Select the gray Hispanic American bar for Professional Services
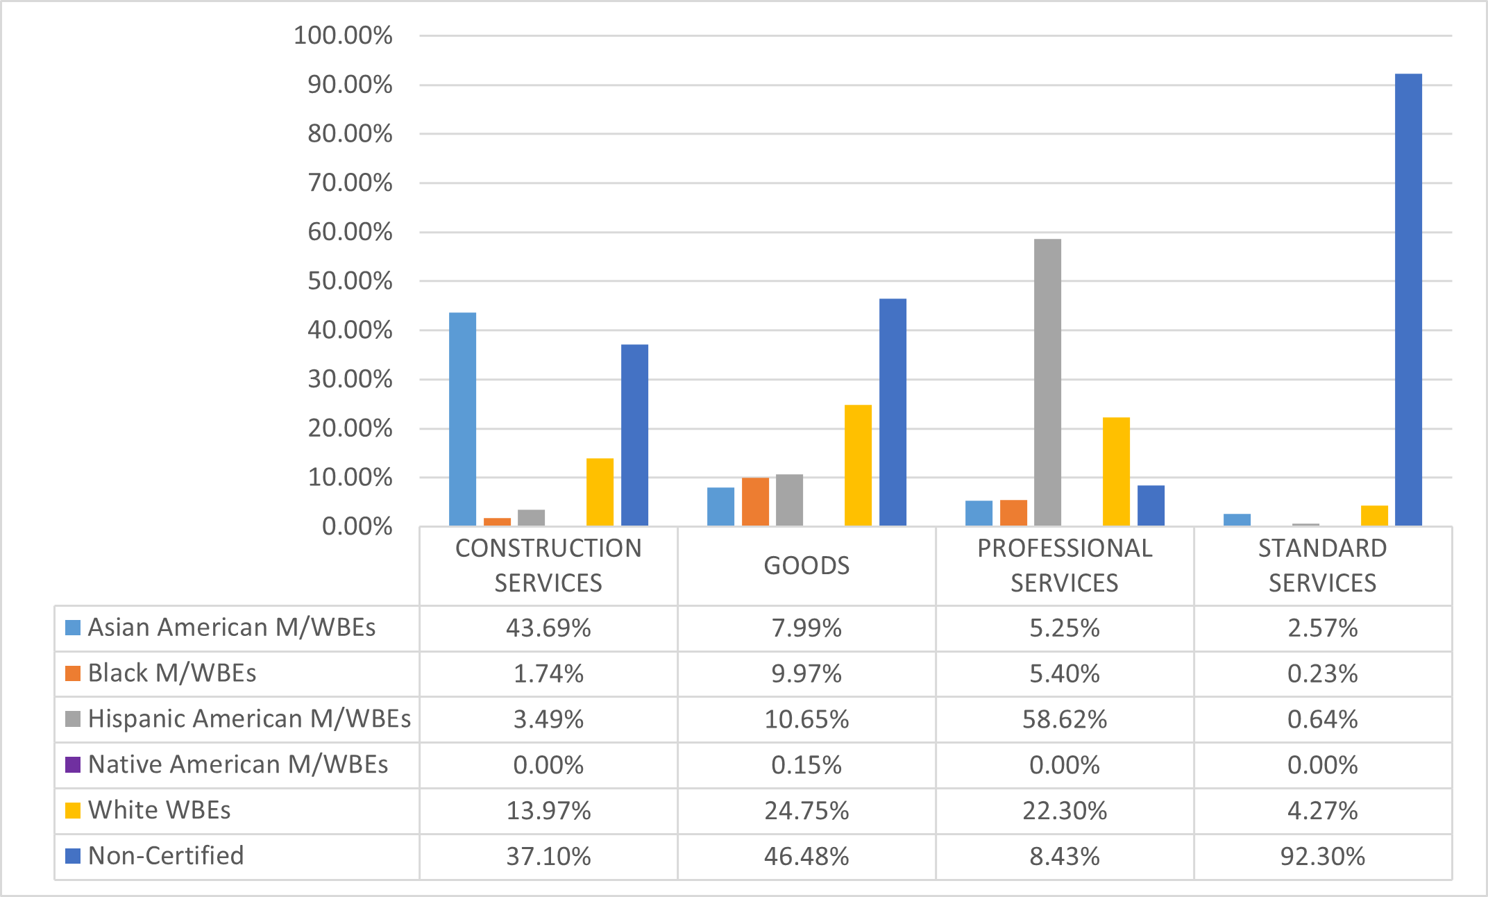coord(1047,383)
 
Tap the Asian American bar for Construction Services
coord(462,419)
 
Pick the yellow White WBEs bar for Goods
coord(858,465)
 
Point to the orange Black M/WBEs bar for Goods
coord(755,501)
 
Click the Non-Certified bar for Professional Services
coord(1151,505)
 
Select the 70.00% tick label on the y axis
coord(350,183)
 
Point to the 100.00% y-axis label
coord(343,35)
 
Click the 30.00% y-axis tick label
coord(350,380)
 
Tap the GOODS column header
coord(806,566)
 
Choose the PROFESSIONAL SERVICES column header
coord(1065,566)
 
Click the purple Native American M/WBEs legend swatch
coord(73,765)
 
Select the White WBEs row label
coord(159,810)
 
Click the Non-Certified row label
coord(166,856)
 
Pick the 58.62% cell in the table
coord(1065,719)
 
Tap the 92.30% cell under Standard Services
coord(1323,857)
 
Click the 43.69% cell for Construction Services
coord(548,628)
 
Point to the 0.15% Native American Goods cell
coord(806,765)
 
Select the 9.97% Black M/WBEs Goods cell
coord(806,673)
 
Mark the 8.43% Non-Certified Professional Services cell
coord(1065,857)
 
